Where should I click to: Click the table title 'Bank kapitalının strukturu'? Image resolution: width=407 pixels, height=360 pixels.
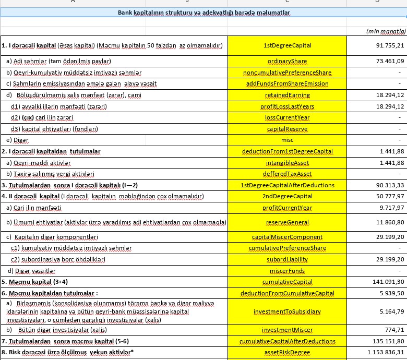coord(204,13)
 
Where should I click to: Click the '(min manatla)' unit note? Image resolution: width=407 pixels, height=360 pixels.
coord(386,31)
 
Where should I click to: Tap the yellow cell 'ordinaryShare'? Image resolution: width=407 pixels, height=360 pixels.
coord(287,61)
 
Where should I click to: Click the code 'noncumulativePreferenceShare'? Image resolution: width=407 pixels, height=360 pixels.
coord(287,73)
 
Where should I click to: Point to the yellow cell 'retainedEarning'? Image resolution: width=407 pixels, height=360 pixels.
coord(287,95)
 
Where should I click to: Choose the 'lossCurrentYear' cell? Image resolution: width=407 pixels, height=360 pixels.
coord(287,117)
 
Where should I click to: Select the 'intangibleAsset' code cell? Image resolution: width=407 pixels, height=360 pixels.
coord(287,163)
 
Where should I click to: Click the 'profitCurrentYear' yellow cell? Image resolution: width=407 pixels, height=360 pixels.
coord(287,208)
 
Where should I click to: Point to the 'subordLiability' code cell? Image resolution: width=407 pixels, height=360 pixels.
coord(287,259)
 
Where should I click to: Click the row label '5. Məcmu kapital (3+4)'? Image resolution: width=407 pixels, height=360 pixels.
coord(34,282)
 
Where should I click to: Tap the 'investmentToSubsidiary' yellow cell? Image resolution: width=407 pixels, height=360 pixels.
coord(287,311)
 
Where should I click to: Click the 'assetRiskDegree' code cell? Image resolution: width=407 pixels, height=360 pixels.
coord(287,352)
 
